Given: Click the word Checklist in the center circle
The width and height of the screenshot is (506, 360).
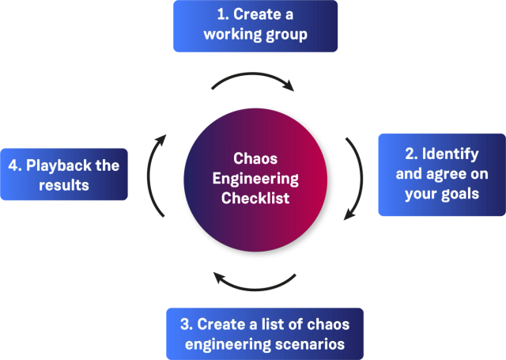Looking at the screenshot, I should point(255,198).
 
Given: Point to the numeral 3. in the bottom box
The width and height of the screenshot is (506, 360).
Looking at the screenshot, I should point(187,324).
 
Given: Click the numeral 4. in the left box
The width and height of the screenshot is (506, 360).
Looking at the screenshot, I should point(14,165).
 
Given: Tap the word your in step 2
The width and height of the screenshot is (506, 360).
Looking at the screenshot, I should point(421,194).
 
